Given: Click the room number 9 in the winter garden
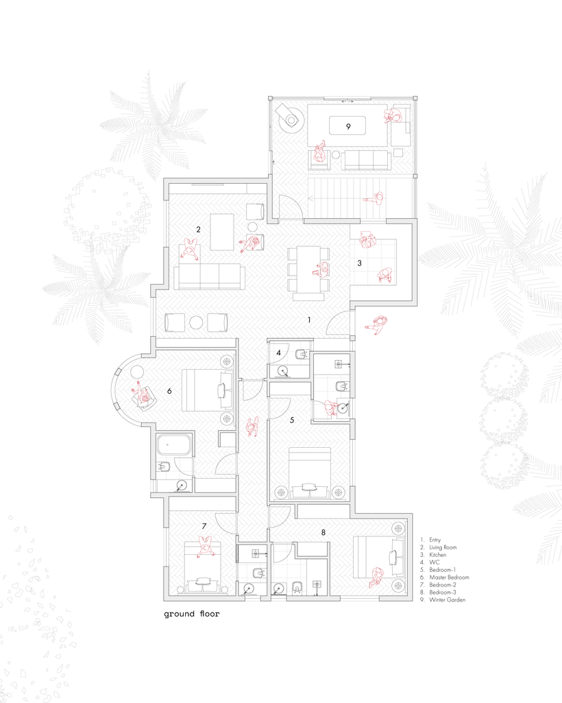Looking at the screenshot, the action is coord(348,126).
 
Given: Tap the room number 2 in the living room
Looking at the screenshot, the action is coord(199,230).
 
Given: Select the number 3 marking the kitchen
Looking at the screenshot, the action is coord(359,263).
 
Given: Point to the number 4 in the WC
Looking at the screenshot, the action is coord(279,353).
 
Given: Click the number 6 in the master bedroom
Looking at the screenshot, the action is coord(169,391).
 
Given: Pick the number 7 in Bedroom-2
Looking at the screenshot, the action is coord(204,526).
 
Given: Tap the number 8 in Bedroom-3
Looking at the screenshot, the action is coord(323,533).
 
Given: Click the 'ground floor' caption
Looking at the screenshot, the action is coord(192,614).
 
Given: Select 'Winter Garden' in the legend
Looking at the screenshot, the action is coord(448,600).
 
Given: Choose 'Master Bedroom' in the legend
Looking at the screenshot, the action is coord(449,577).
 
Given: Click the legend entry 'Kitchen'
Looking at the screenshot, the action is coord(437,555).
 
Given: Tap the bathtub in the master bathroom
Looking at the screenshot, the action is coord(174,445).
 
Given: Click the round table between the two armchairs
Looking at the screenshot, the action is coord(196,322).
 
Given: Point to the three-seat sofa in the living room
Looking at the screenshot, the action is coord(209,276).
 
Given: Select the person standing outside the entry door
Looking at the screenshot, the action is coord(376,324).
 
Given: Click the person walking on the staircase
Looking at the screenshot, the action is coord(374,198).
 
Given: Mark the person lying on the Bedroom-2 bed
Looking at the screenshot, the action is coord(206,547).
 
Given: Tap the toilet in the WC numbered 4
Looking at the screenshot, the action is coord(302,355).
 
